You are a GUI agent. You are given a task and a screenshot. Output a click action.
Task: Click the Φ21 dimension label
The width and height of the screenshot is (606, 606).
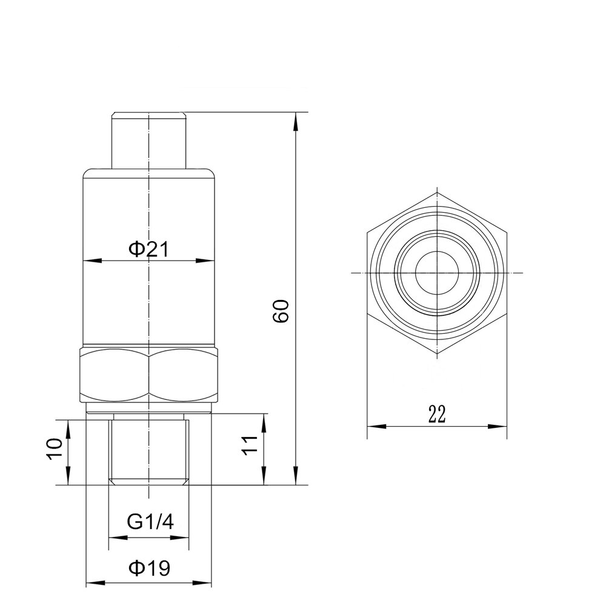(x=148, y=249)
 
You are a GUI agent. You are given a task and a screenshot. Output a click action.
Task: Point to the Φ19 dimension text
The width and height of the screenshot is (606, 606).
(x=148, y=568)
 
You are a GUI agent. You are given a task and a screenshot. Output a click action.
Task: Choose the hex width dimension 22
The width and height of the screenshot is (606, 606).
(x=437, y=414)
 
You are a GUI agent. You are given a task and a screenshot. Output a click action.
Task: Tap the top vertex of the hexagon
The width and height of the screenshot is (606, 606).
(x=437, y=192)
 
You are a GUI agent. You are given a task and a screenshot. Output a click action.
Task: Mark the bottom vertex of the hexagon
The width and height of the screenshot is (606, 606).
(x=437, y=354)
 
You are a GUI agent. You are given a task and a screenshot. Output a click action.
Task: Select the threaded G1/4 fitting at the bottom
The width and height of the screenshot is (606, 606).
(x=148, y=448)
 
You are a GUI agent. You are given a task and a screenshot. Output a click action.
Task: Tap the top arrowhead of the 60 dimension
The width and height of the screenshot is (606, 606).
(x=296, y=119)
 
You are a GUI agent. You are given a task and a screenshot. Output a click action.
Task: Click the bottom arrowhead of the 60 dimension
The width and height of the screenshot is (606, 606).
(x=296, y=479)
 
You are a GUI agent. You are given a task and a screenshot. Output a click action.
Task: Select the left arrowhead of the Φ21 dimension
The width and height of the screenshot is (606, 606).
(x=88, y=261)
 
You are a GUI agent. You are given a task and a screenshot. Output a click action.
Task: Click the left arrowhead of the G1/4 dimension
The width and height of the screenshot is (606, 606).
(x=114, y=538)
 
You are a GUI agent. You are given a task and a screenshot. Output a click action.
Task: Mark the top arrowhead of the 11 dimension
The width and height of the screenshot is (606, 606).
(x=265, y=420)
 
